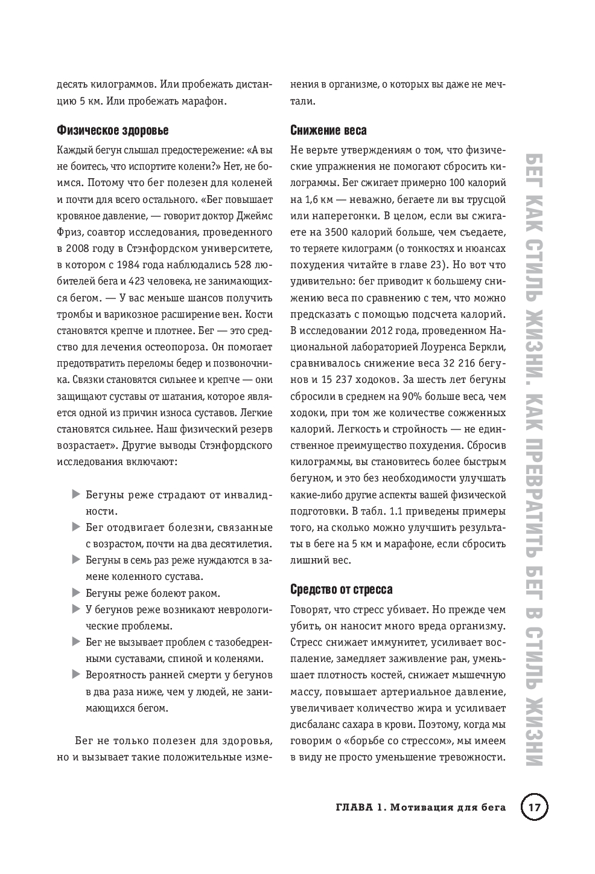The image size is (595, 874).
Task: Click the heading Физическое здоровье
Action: point(112,130)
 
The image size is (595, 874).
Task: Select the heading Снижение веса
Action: point(328,130)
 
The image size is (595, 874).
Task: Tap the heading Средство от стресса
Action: point(341,590)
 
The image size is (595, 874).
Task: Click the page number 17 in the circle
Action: point(533,808)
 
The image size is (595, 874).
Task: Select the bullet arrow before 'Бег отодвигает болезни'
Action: point(75,527)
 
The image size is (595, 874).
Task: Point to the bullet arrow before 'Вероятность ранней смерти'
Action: point(75,674)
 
